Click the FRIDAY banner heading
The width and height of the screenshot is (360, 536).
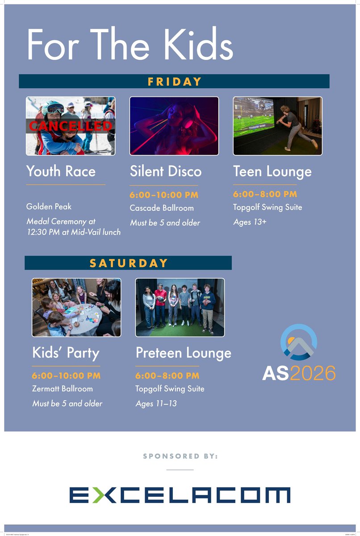175,82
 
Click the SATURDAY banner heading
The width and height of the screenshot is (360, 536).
129,263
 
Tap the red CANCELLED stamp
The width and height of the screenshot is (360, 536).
71,126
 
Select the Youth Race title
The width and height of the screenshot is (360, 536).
61,171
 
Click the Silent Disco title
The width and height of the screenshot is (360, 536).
166,171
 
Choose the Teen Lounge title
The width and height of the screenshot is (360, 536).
272,171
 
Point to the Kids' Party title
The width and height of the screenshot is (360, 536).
66,352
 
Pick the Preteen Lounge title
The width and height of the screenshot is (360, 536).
184,352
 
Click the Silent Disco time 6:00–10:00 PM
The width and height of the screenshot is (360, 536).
164,195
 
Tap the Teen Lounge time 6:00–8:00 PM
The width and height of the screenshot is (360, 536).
265,194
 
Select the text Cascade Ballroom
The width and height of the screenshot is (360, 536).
162,208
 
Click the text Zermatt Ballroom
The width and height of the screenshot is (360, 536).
63,389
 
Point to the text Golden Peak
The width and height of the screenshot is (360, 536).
49,207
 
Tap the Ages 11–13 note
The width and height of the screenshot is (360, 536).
156,404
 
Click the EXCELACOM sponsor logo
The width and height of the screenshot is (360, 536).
180,495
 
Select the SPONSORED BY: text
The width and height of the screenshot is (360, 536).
180,456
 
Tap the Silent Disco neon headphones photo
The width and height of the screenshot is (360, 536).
174,126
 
